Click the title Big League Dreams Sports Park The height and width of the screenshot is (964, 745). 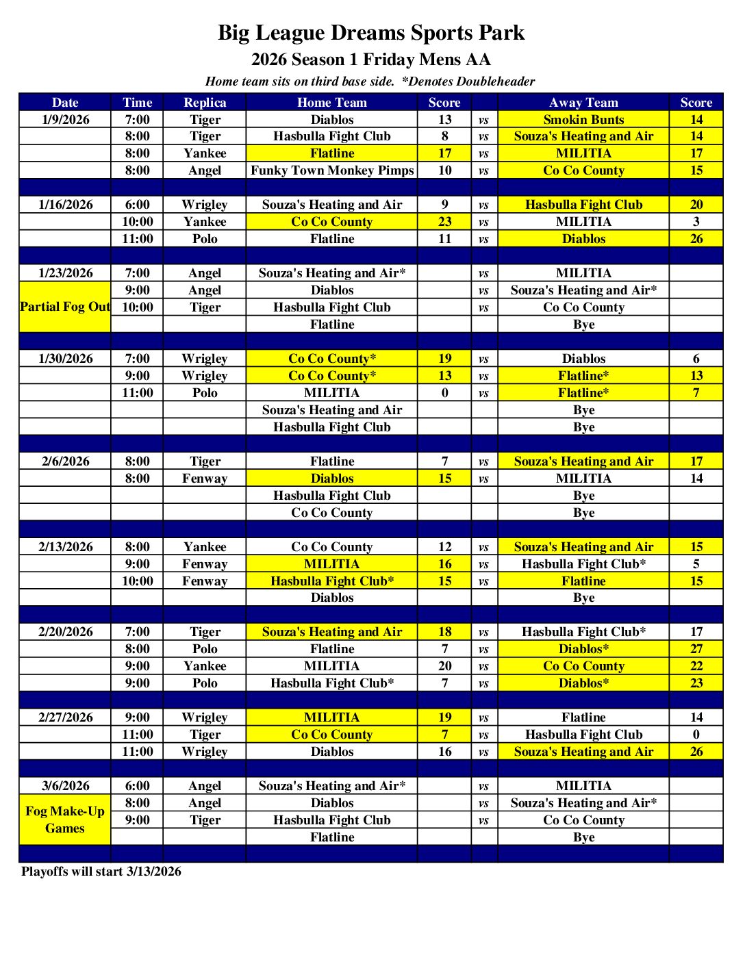tap(371, 33)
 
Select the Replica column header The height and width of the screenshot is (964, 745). tap(205, 103)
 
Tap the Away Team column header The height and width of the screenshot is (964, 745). tap(583, 103)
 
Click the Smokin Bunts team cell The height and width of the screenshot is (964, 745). tap(583, 120)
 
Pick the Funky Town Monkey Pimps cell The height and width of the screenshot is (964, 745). tap(332, 170)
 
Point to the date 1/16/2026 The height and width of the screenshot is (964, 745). tap(66, 205)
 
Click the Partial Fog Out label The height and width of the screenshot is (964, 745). tap(65, 307)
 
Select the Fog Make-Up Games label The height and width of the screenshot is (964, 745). tap(65, 820)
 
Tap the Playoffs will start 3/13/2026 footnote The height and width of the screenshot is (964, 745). tap(101, 872)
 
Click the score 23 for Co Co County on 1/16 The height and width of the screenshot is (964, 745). tap(445, 222)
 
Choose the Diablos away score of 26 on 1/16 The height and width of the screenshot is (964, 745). tap(696, 239)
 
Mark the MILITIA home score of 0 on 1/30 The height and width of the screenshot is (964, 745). tap(445, 393)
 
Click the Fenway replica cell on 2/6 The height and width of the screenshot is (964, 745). tap(205, 479)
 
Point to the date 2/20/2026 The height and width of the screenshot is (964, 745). tap(66, 632)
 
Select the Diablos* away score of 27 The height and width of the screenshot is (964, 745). tap(696, 649)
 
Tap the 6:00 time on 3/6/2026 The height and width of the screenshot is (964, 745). tap(138, 786)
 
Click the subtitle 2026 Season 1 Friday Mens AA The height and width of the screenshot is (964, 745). tap(371, 60)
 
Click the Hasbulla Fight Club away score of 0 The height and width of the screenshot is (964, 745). tap(696, 735)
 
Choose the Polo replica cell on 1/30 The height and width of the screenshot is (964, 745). tap(205, 393)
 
